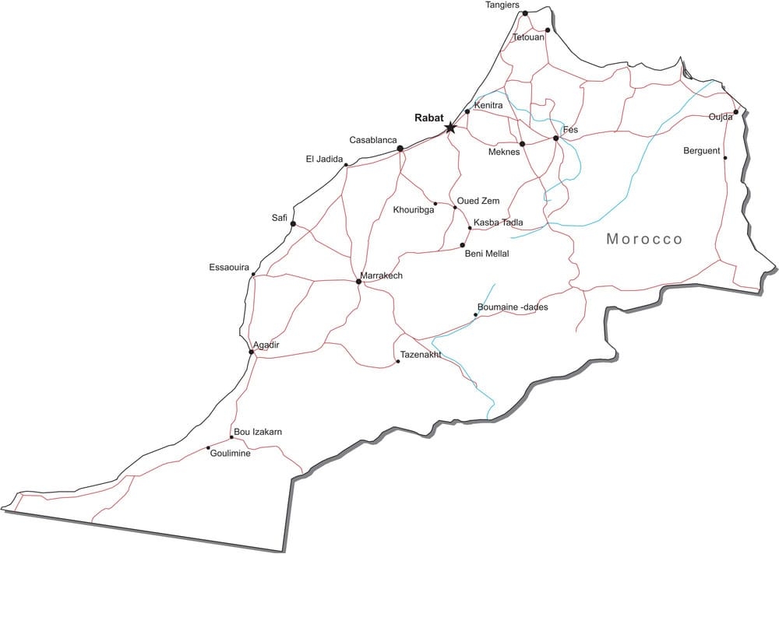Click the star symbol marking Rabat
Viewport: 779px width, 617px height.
(x=450, y=127)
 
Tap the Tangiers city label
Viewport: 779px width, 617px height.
(x=502, y=5)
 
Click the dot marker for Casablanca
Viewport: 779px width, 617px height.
(x=400, y=149)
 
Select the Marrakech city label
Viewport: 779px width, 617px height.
(x=382, y=275)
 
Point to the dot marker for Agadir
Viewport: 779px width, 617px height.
(x=251, y=352)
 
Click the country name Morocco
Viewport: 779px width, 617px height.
(x=644, y=239)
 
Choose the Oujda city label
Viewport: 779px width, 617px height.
(x=721, y=117)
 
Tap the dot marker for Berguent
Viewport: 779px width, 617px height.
(x=725, y=158)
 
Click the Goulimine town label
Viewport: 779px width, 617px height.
(x=231, y=454)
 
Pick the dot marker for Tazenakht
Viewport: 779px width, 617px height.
(x=398, y=362)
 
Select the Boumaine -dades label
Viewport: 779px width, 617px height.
(x=513, y=307)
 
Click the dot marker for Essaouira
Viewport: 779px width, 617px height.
(x=253, y=274)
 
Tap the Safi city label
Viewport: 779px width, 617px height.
(x=280, y=218)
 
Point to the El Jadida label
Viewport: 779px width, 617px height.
(x=324, y=160)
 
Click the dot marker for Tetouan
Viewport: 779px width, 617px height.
(x=548, y=30)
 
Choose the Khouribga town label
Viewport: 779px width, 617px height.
(x=414, y=210)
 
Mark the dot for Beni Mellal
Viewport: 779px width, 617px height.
(x=463, y=245)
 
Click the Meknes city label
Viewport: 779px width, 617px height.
(x=503, y=152)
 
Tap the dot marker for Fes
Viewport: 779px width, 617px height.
(x=555, y=138)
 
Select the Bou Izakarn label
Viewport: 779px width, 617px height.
(x=258, y=432)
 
